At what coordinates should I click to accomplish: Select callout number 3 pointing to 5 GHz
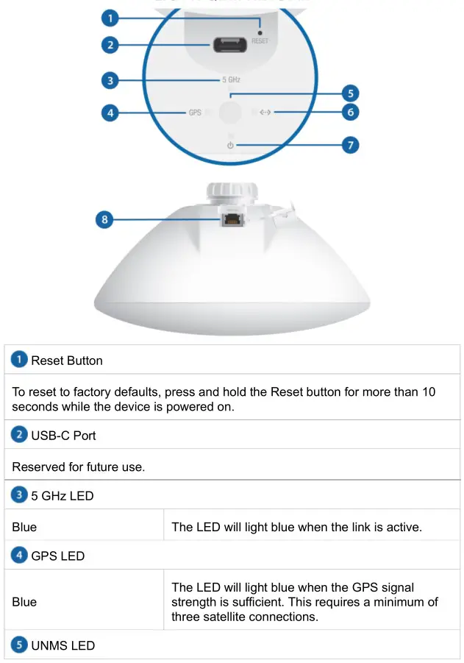coord(110,79)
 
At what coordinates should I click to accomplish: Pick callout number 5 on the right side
coord(351,94)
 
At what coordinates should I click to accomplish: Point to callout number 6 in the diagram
coord(351,113)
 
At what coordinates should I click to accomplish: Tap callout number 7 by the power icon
coord(351,145)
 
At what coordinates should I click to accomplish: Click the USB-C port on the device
coord(229,45)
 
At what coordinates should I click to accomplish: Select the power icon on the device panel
coord(230,146)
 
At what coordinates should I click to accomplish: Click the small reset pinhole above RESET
coord(260,32)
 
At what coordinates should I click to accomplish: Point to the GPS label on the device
coord(195,113)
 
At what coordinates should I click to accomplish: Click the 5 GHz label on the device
coord(231,79)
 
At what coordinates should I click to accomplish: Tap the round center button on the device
coord(231,113)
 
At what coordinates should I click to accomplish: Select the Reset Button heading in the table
coord(66,361)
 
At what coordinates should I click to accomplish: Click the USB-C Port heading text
coord(65,435)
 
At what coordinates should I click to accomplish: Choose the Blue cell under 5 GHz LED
coord(25,527)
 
